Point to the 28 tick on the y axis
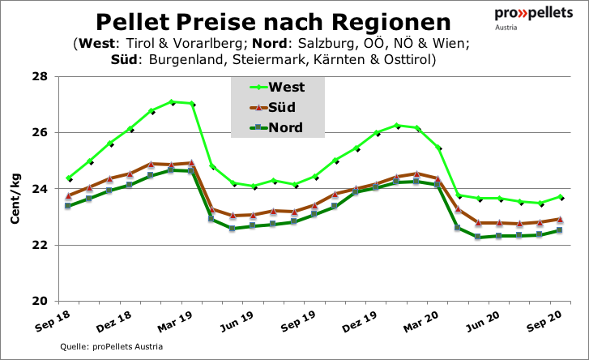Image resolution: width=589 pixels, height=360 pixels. [38, 77]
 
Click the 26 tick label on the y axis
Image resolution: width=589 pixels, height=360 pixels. [38, 133]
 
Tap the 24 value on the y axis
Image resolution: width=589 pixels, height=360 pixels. [38, 189]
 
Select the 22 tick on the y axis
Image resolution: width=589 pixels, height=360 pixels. [38, 245]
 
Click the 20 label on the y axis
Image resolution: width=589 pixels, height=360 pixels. [38, 301]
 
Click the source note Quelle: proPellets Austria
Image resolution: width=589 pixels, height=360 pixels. [112, 347]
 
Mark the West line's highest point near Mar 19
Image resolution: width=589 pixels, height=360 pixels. [172, 102]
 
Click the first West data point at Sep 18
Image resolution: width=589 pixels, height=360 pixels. [69, 178]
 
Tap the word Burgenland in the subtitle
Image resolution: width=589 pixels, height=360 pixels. [192, 59]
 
